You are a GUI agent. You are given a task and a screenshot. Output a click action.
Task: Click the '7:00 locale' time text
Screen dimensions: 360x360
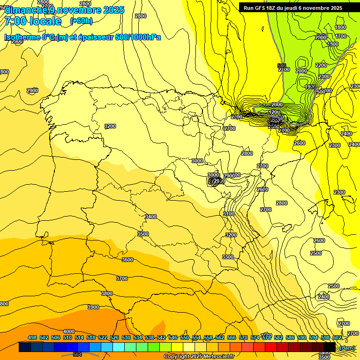[x=33, y=21]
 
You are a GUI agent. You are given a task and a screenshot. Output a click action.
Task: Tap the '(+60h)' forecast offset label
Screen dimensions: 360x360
[x=81, y=21]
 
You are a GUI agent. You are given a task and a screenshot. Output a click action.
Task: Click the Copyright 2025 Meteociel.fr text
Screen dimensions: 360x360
[x=199, y=356]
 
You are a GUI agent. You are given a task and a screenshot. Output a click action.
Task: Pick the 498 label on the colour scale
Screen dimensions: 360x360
[x=32, y=337]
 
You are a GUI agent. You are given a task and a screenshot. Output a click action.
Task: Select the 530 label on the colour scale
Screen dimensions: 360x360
[x=126, y=337]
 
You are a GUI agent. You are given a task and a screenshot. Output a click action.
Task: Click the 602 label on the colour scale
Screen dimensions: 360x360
[x=337, y=337]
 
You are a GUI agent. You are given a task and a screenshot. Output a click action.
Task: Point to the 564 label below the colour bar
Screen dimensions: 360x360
[x=77, y=355]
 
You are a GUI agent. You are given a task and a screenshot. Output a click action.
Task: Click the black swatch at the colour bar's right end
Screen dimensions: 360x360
[x=330, y=347]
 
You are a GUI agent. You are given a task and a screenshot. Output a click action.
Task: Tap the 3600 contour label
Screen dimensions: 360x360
[x=127, y=260]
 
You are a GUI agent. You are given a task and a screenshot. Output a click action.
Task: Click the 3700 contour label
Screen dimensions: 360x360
[x=121, y=278]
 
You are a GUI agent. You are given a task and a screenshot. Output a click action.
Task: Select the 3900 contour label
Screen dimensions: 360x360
[x=93, y=307]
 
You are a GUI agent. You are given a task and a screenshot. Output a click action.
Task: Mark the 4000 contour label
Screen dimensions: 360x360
[x=69, y=331]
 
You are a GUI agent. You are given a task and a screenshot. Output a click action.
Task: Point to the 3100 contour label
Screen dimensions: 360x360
[x=229, y=213]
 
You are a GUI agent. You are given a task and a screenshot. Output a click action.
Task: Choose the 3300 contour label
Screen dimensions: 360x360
[x=228, y=257]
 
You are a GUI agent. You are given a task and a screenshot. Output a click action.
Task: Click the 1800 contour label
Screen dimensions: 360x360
[x=341, y=28]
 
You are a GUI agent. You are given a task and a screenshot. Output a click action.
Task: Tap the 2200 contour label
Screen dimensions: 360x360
[x=321, y=65]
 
